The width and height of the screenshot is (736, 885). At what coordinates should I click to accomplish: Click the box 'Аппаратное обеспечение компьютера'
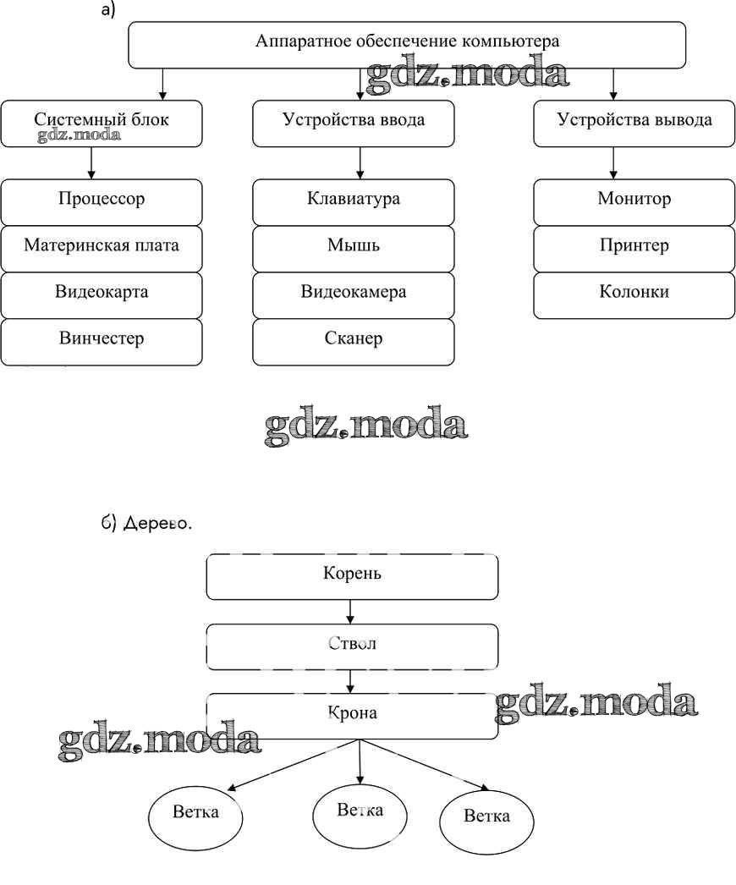406,45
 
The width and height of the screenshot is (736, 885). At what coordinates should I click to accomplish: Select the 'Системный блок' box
102,124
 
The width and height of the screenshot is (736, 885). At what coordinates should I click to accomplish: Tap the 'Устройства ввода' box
354,124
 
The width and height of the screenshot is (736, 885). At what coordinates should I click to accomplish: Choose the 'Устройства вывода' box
634,124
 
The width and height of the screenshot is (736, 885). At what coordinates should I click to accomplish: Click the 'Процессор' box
102,201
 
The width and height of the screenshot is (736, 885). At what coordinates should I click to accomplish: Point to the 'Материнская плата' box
102,248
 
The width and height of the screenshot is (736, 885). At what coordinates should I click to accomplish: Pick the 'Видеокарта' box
102,294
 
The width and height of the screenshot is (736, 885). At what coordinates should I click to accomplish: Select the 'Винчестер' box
102,341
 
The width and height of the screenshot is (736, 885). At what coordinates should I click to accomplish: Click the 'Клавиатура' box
354,201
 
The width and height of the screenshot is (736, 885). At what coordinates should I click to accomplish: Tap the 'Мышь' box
354,248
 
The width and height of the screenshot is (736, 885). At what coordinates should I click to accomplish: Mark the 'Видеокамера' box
354,294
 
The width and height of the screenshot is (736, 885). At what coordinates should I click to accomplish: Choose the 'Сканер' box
354,341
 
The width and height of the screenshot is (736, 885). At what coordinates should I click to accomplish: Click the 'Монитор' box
634,201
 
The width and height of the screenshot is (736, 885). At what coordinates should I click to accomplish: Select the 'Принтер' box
634,248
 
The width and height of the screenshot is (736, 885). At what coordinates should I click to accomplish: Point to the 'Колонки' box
634,294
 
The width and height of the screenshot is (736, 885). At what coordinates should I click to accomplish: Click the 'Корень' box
352,576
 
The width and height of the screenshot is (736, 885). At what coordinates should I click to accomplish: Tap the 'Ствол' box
352,646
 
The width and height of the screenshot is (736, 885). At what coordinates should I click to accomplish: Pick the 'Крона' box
352,716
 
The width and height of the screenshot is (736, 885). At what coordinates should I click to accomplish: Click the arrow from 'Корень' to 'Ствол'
350,612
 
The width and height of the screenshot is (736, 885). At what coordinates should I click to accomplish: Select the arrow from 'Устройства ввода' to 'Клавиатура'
360,162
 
